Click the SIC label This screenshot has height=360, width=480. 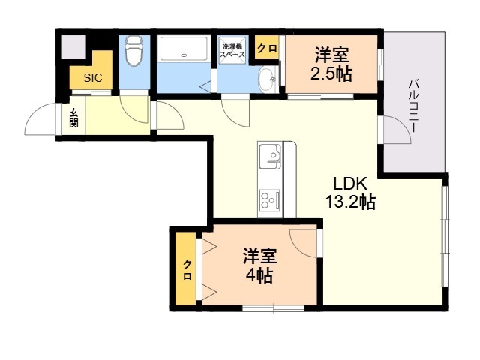click(93, 78)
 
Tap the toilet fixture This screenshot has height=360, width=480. click(133, 51)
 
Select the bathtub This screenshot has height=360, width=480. click(184, 49)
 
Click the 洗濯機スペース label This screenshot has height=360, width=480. click(232, 51)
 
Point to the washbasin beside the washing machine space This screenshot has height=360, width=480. click(268, 79)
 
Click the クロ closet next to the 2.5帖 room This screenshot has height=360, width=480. click(267, 48)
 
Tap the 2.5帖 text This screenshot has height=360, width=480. click(331, 73)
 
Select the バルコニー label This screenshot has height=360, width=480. click(413, 106)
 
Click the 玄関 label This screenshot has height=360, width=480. click(73, 118)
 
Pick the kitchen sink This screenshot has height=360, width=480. click(270, 157)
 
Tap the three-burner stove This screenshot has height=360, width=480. click(270, 200)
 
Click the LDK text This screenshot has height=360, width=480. click(350, 184)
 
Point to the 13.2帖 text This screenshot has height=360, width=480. click(350, 202)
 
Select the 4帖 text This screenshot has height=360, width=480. click(259, 275)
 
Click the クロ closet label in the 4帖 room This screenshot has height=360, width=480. click(187, 270)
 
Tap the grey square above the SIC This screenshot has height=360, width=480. click(73, 47)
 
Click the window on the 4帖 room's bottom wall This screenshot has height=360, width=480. click(273, 308)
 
